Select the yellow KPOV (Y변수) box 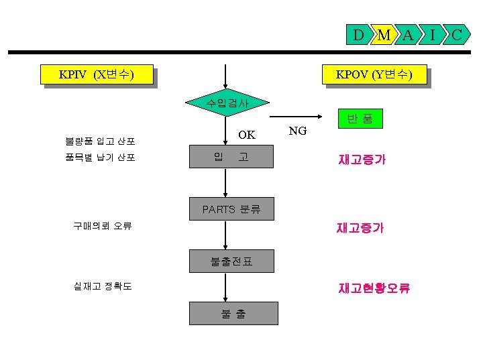[x=374, y=74]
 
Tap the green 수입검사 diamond [x=227, y=103]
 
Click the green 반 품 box [x=360, y=120]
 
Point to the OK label [x=247, y=135]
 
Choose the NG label [x=297, y=131]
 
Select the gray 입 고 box [x=231, y=158]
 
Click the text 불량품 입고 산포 [x=100, y=141]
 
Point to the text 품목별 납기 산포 [x=100, y=158]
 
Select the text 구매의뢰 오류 [x=103, y=226]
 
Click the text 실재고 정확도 [x=103, y=286]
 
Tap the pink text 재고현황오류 [x=374, y=288]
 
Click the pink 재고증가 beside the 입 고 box [x=362, y=160]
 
